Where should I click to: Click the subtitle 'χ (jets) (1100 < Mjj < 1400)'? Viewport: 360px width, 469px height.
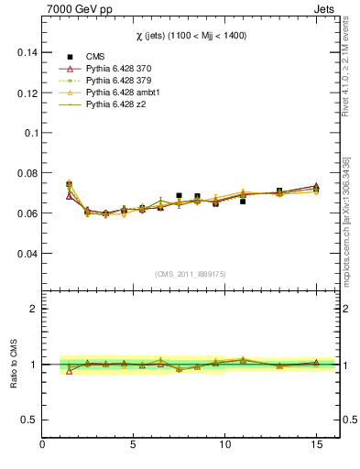(x=191, y=35)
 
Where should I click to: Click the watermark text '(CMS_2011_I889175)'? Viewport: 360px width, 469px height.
(x=191, y=274)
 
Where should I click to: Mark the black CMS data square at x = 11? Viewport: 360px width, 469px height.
(x=243, y=201)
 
